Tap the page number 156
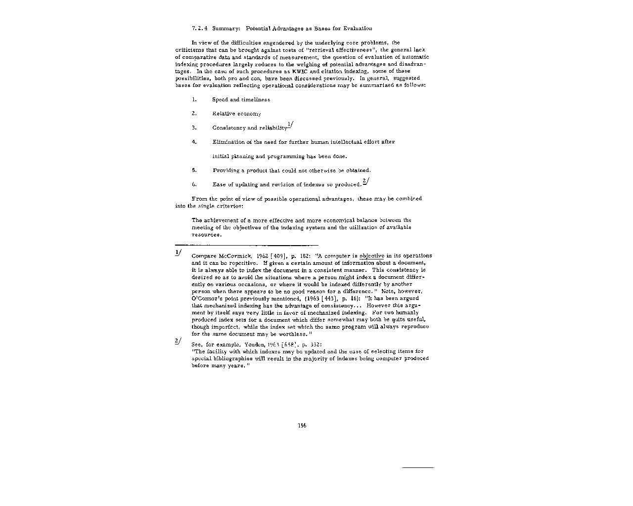(x=302, y=425)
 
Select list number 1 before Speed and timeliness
(x=194, y=99)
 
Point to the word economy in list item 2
(x=249, y=114)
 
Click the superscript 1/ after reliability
(x=290, y=125)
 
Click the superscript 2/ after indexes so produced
(x=365, y=181)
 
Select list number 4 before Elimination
(x=194, y=142)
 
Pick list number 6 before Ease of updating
(x=194, y=185)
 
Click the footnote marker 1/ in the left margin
(x=179, y=253)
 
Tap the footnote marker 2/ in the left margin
(x=179, y=341)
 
